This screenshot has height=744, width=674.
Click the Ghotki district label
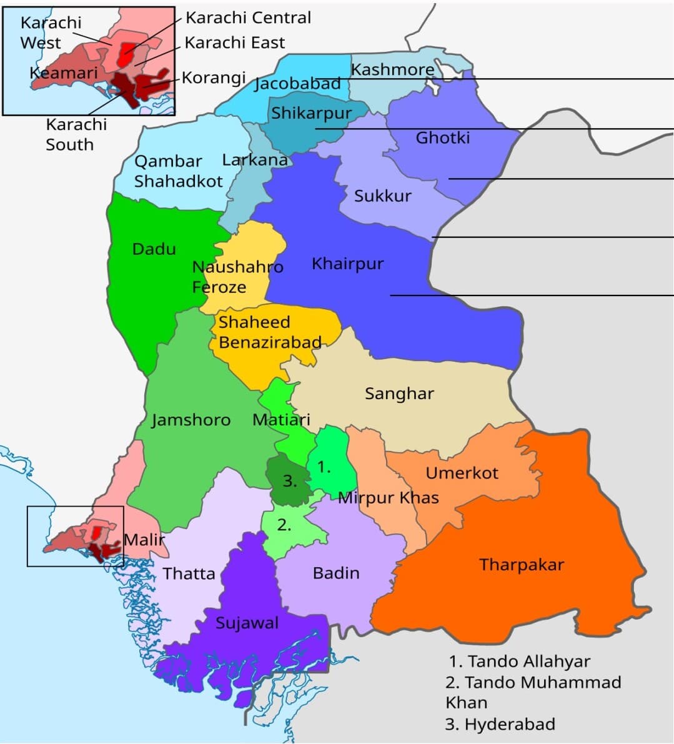pos(442,137)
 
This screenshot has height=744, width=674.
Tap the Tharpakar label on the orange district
pos(522,565)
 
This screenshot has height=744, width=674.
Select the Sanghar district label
pos(399,394)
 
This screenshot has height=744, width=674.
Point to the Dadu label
pos(154,249)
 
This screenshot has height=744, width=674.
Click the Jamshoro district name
pos(191,420)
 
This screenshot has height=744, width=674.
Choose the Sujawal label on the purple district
pos(247,623)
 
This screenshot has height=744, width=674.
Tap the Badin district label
pos(336,573)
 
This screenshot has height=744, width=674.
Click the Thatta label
pos(189,573)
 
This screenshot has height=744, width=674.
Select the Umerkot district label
pos(462,473)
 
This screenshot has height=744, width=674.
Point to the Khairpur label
pos(347,264)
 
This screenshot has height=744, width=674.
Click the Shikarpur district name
pos(311,114)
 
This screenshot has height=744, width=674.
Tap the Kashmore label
pos(392,69)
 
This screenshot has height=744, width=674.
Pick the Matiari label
pos(281,420)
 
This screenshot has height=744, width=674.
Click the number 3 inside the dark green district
pos(289,481)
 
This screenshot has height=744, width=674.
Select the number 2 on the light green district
pos(284,525)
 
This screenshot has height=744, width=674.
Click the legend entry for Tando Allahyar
pos(519,661)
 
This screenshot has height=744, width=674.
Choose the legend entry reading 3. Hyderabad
pos(500,725)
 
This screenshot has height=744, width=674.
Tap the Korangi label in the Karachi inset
pos(214,78)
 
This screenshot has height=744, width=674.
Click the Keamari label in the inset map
pos(64,73)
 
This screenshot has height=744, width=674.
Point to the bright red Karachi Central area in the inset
pos(127,54)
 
